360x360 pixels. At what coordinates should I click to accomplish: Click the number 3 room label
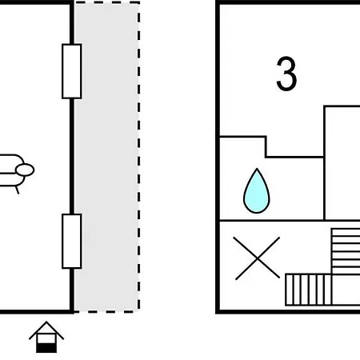[286, 74]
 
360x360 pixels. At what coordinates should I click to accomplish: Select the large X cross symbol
[257, 258]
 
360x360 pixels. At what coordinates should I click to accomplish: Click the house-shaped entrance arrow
[46, 337]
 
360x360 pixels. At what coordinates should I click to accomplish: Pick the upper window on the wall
[72, 71]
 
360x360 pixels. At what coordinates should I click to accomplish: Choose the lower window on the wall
[72, 241]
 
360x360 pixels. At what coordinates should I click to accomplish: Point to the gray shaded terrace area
[106, 157]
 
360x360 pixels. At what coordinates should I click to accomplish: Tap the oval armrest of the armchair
[25, 170]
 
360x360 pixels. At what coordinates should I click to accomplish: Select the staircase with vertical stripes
[309, 290]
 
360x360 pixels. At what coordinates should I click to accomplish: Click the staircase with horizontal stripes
[346, 251]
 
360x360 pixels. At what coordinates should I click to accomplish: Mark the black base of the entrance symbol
[46, 348]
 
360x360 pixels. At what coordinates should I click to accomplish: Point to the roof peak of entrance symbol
[46, 322]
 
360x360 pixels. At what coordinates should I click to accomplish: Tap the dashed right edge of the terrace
[138, 157]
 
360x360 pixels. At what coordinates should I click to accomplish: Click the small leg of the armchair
[17, 190]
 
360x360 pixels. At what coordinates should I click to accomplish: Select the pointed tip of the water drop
[257, 169]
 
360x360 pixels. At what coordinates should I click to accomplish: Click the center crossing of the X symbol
[257, 258]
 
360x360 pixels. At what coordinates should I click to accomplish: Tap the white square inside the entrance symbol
[46, 338]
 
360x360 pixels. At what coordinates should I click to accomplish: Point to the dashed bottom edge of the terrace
[106, 311]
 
